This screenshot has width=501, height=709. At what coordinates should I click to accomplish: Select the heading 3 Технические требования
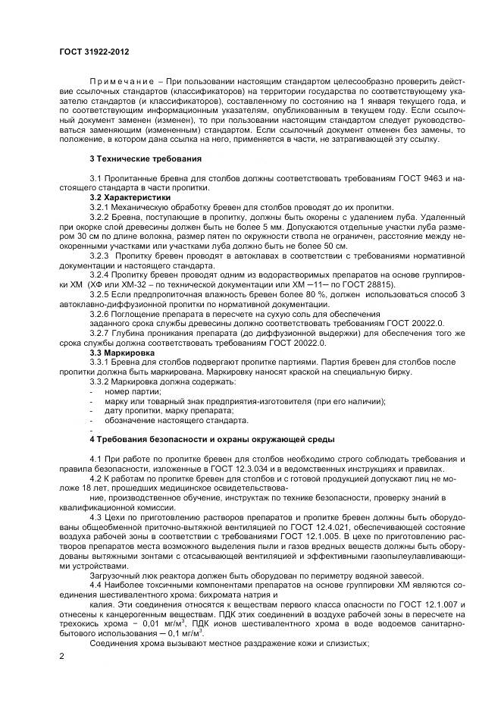pos(146,158)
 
